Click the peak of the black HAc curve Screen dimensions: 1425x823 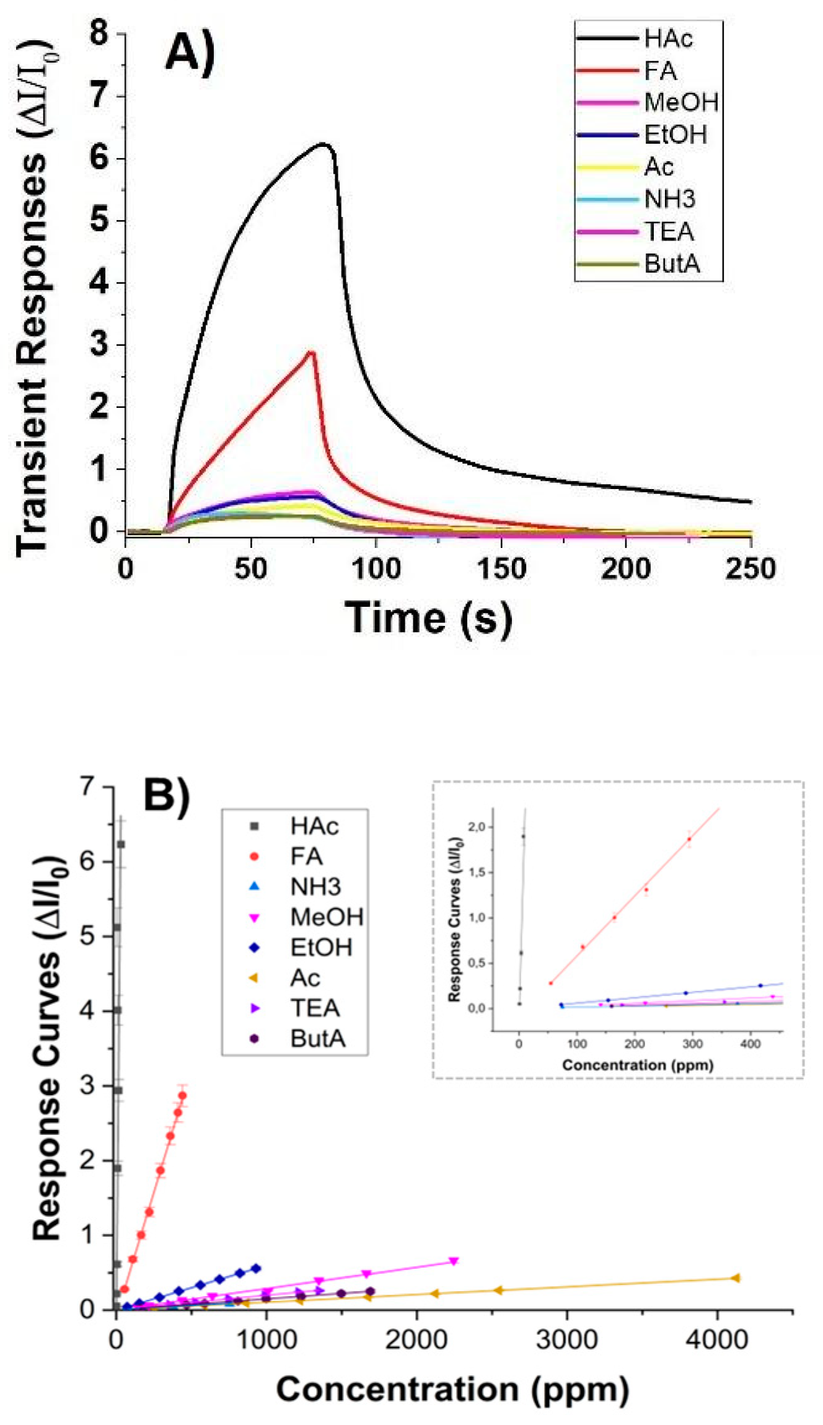click(323, 144)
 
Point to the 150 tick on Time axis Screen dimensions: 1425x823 click(501, 568)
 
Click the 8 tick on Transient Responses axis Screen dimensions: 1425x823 click(99, 32)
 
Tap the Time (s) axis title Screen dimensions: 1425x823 click(429, 618)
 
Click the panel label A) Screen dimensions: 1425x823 click(190, 52)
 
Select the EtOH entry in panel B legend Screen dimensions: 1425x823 click(320, 948)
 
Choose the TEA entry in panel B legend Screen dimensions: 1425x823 click(315, 1008)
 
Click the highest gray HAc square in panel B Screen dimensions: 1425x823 click(121, 844)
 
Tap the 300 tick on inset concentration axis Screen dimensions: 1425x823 click(692, 1044)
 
